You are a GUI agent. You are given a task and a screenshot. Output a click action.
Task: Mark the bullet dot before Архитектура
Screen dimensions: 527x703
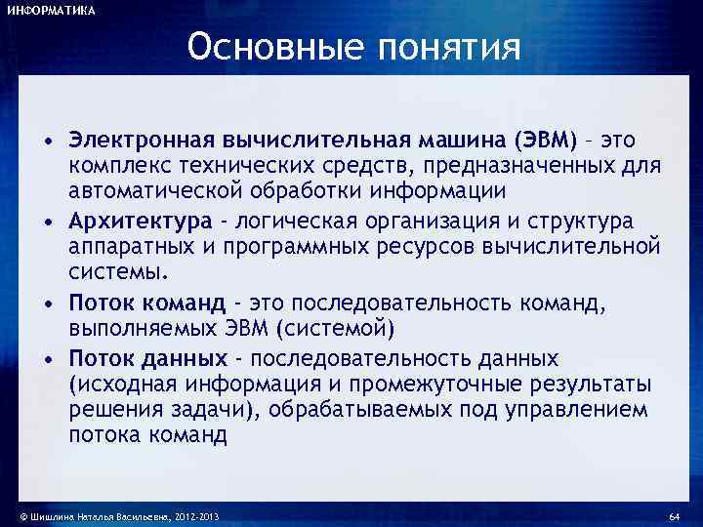click(x=48, y=221)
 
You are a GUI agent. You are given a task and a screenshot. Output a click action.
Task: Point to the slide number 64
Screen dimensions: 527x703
click(x=673, y=514)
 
